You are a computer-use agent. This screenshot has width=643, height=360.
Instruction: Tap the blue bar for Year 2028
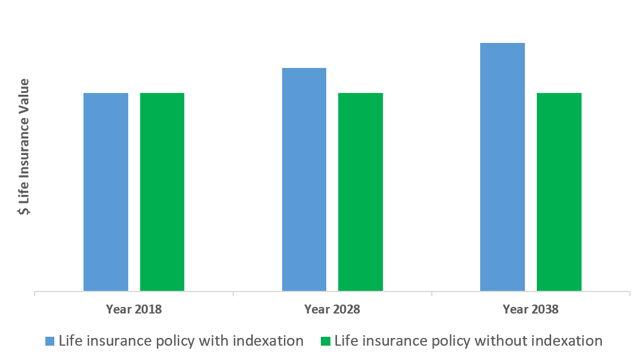304,179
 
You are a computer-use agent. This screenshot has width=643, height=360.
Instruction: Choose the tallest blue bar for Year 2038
502,167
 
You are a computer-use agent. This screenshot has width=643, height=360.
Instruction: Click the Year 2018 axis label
134,309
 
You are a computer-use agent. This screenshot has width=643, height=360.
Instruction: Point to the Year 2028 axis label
332,309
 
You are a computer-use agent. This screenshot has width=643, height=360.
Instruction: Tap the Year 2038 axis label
530,309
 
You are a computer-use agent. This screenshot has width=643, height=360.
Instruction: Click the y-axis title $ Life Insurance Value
24,147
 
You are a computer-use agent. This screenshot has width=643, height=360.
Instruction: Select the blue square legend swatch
50,342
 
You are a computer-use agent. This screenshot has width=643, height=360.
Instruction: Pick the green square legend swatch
325,342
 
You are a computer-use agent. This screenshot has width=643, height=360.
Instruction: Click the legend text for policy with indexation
181,341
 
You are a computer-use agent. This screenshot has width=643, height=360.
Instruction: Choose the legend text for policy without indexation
468,341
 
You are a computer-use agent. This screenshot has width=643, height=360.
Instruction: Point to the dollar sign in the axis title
24,210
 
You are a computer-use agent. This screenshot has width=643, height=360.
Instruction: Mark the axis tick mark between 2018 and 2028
233,294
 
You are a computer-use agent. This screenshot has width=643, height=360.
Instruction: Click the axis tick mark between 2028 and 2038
431,294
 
